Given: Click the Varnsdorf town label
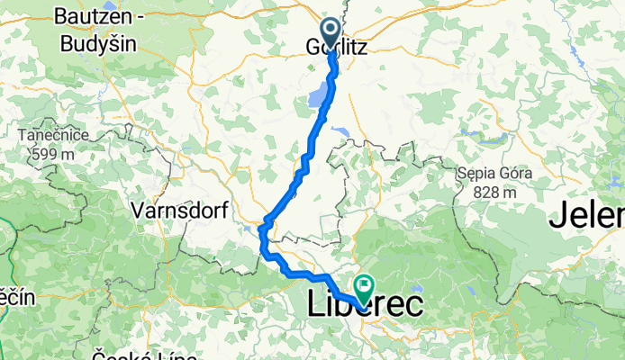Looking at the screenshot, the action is click(x=177, y=211).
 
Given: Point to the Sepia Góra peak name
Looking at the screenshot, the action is click(x=494, y=173).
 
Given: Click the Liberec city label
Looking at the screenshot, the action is click(x=365, y=304).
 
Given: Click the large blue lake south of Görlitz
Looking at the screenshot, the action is click(x=319, y=95).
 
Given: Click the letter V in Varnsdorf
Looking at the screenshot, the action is click(x=137, y=211).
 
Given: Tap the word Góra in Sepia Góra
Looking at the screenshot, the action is click(x=515, y=173).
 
